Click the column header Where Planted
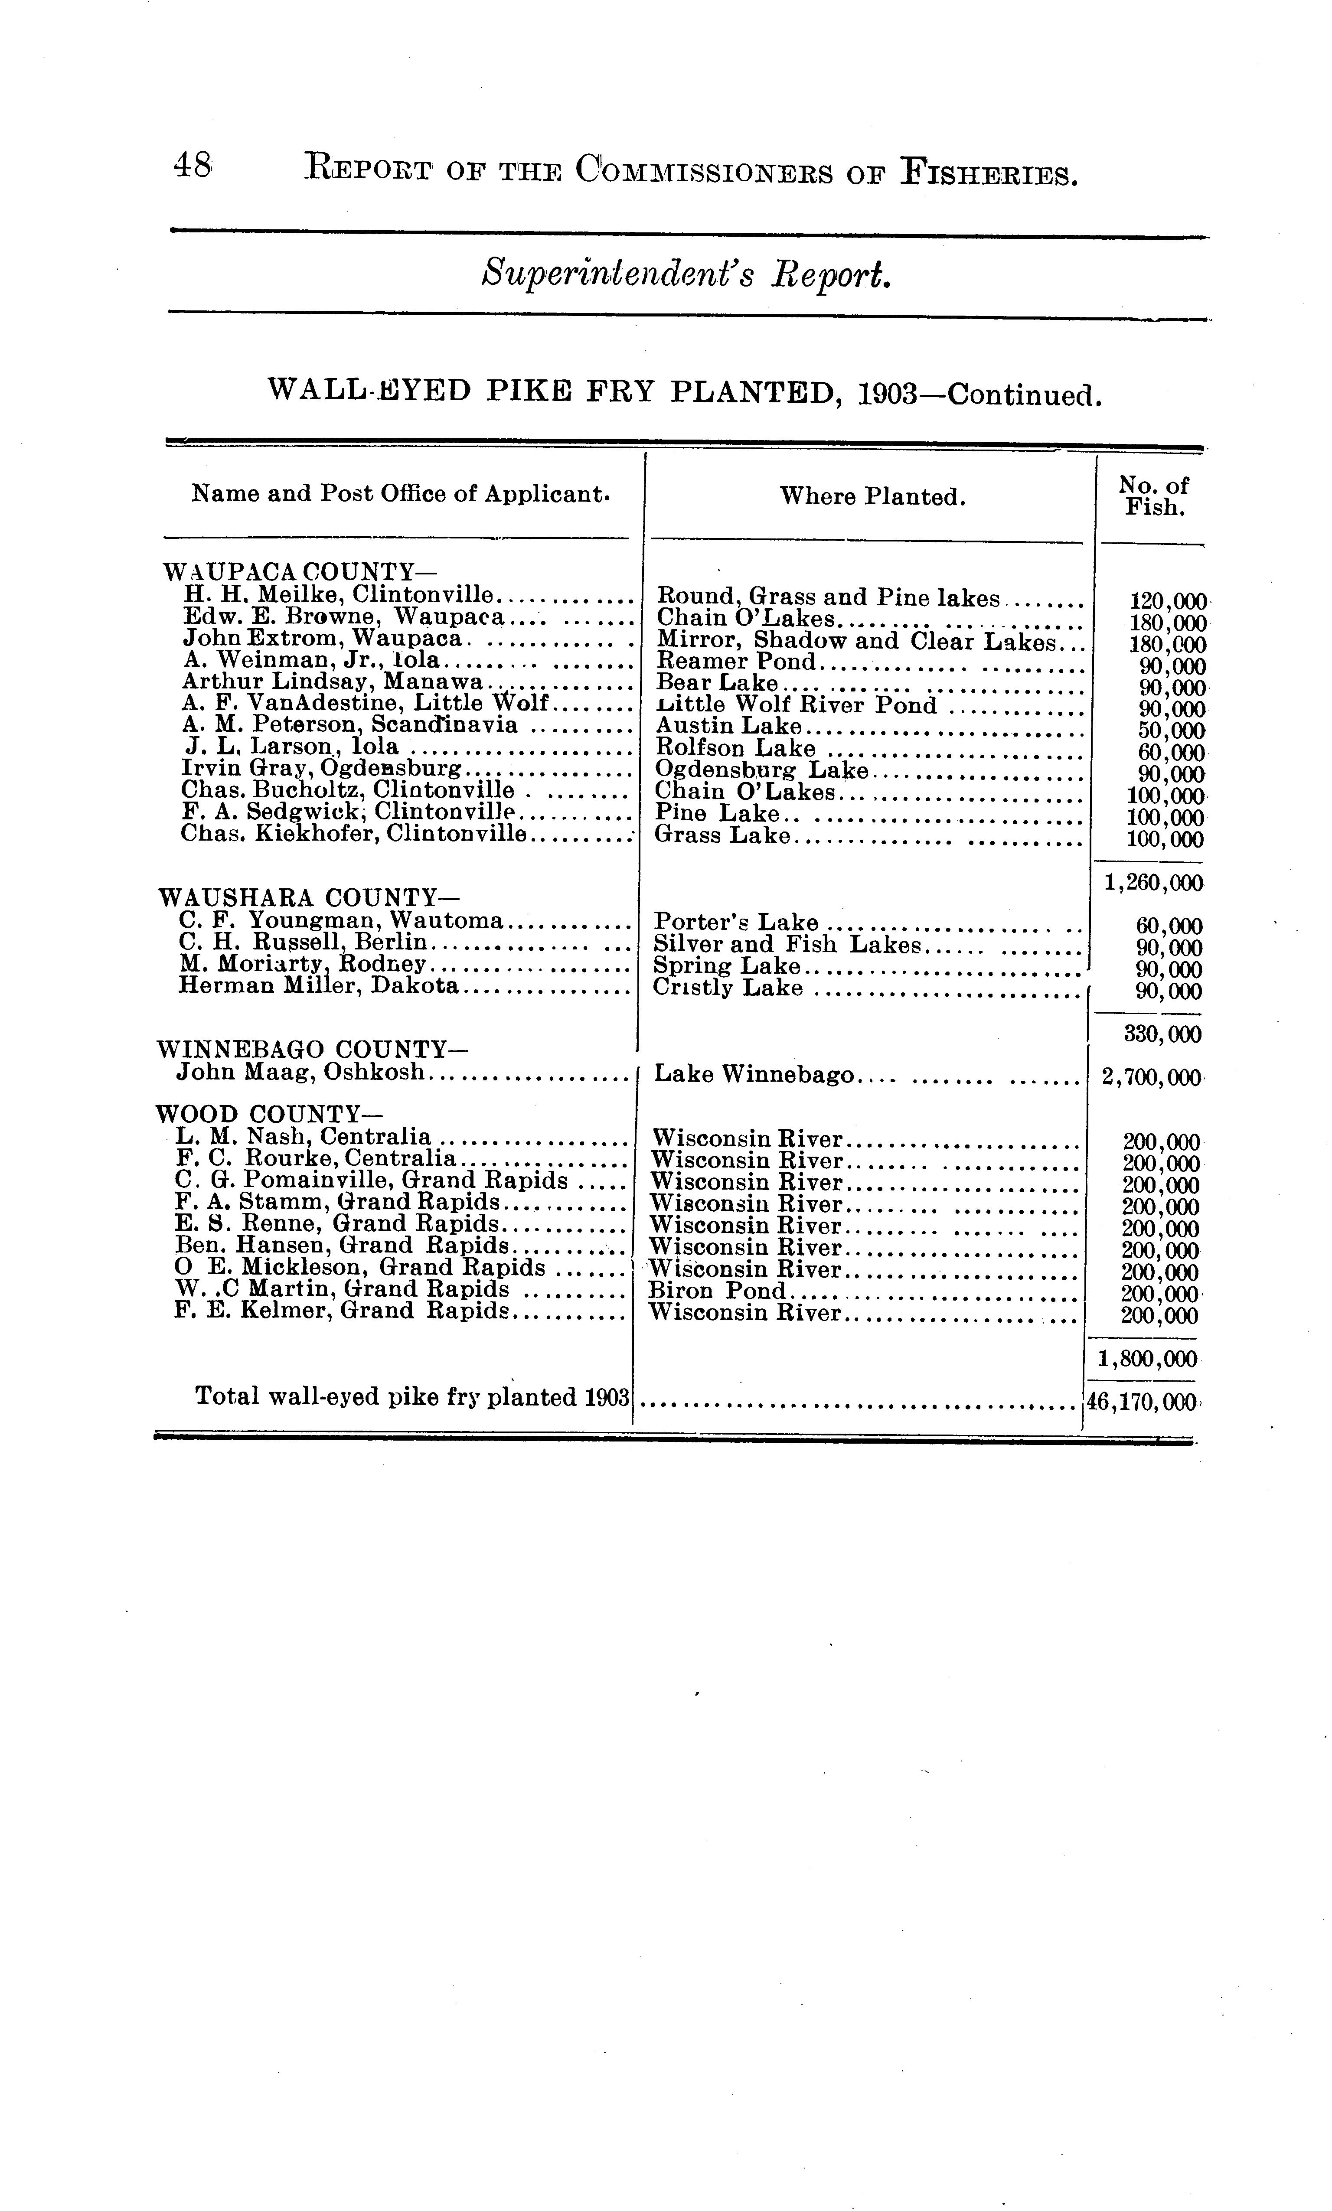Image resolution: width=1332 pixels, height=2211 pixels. point(872,496)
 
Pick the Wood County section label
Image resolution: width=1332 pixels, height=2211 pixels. point(258,1115)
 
